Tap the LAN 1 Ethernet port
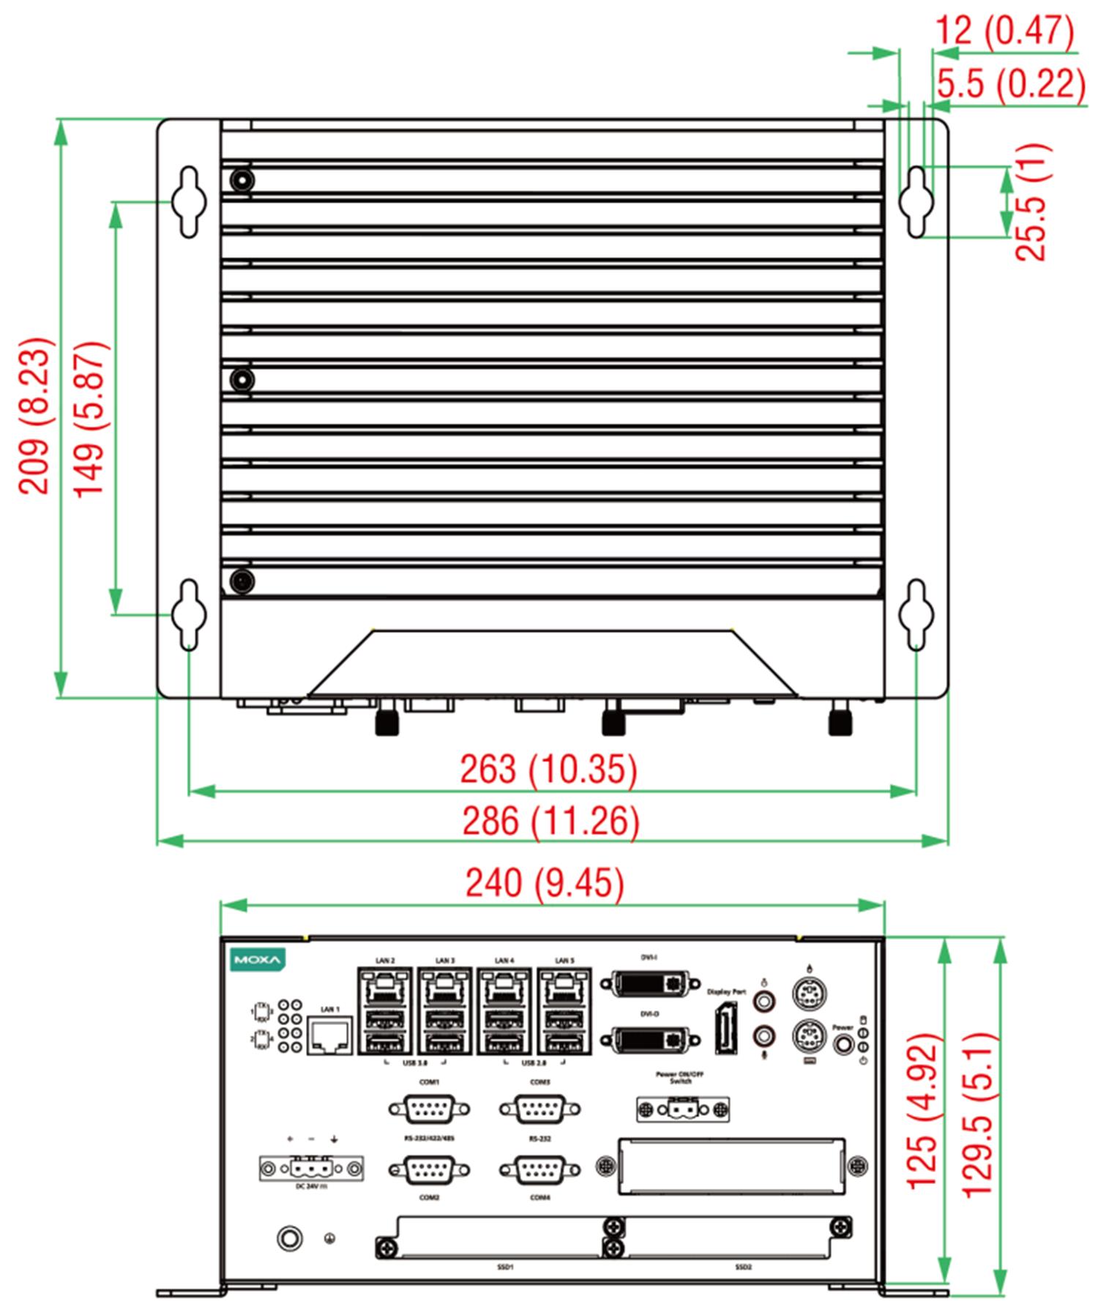pos(330,1035)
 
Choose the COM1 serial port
pos(429,1109)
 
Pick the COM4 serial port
pos(539,1170)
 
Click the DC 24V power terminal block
pos(311,1167)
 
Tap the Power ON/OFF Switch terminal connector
pos(682,1110)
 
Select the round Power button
pos(843,1043)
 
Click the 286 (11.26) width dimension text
pos(550,821)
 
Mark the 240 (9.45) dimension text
pos(545,883)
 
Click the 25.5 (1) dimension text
pos(1031,202)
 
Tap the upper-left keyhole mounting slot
pos(189,201)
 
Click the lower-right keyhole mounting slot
pos(916,614)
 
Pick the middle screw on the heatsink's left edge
pos(242,379)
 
